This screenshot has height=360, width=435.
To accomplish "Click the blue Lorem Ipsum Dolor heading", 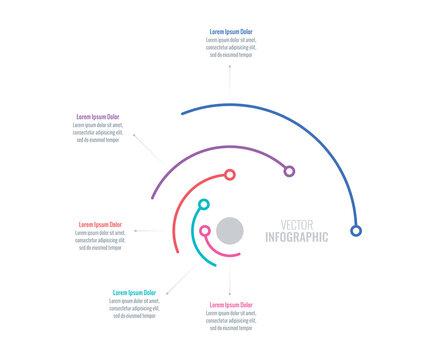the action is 231,32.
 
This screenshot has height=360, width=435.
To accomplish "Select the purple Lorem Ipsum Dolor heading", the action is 98,117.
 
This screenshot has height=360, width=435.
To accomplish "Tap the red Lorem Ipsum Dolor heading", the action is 100,224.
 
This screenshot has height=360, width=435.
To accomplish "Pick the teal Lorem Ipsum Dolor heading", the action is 134,293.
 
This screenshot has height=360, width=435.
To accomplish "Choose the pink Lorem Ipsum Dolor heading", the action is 231,305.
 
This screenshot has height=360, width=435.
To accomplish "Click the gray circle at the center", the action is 231,230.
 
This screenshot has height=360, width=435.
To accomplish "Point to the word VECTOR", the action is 297,223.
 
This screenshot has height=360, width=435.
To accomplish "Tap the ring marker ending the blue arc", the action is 356,231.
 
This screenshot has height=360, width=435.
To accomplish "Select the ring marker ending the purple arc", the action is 289,171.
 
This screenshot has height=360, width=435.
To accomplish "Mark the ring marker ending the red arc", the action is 230,175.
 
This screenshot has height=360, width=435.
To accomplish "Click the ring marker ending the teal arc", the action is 204,205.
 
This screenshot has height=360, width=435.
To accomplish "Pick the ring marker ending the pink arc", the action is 205,231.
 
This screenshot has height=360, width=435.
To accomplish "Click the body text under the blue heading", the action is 231,48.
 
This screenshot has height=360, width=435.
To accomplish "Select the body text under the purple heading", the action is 98,132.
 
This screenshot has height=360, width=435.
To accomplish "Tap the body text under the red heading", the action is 100,240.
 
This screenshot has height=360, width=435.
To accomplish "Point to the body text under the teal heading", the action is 134,308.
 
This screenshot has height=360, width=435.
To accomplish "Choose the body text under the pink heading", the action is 231,320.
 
